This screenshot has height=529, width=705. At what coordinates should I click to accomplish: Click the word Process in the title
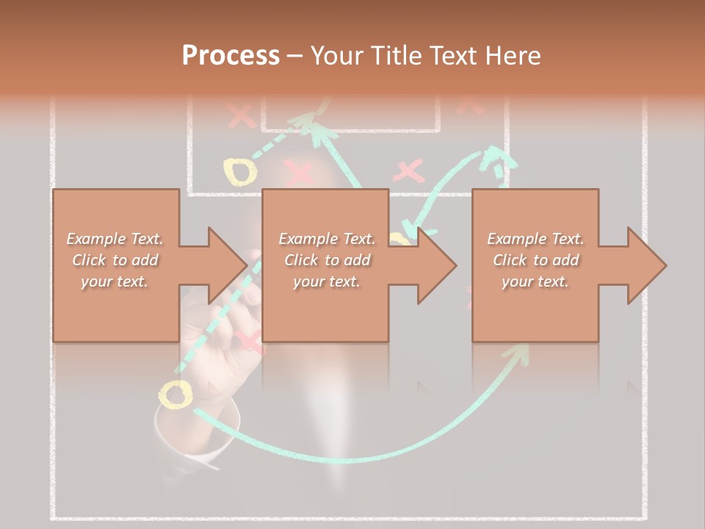(231, 55)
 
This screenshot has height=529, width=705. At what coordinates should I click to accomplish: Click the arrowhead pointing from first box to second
(227, 265)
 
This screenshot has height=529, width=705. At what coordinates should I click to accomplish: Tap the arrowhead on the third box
(646, 265)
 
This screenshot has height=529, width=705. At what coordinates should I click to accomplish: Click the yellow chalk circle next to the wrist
(176, 396)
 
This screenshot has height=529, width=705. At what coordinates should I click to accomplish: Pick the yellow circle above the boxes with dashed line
(240, 172)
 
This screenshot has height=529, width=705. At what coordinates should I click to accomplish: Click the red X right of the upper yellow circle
(298, 173)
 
